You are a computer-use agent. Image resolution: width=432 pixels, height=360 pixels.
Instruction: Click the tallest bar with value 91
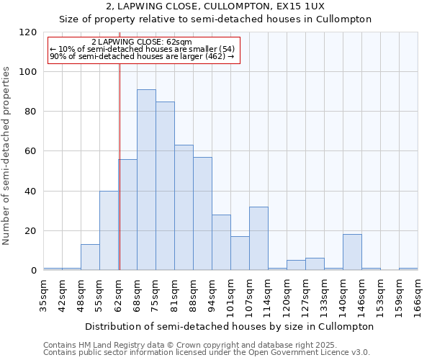tap(146, 180)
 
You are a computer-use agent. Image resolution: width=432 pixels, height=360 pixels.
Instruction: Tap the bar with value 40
tap(109, 230)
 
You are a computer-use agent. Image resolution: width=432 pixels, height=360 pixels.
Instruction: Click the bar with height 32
tap(258, 238)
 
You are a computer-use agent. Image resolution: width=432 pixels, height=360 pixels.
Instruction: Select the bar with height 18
tap(352, 252)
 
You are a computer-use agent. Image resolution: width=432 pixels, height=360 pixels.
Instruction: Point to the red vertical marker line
tap(120, 166)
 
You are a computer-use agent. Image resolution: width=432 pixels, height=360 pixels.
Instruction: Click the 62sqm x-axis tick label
tap(118, 296)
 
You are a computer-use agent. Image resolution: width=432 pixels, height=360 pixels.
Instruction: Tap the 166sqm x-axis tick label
tap(418, 296)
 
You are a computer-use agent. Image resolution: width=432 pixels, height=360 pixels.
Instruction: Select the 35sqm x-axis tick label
tap(43, 296)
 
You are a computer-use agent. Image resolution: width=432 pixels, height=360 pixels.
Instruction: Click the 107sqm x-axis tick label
tap(249, 296)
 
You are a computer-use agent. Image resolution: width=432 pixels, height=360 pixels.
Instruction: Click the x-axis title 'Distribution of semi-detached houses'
tap(229, 326)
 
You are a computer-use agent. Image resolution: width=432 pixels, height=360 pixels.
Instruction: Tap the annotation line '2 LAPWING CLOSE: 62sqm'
tap(142, 42)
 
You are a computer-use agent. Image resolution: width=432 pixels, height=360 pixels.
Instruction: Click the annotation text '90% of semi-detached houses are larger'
tap(142, 56)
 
